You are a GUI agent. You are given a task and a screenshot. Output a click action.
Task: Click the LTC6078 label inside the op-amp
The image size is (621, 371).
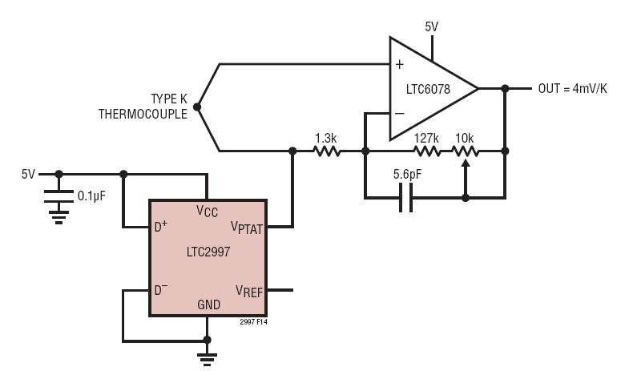pyautogui.click(x=428, y=89)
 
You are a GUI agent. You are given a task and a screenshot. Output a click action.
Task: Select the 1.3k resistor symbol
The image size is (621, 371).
pyautogui.click(x=327, y=151)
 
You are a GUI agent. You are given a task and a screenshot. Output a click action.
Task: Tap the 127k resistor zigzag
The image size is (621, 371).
pyautogui.click(x=427, y=151)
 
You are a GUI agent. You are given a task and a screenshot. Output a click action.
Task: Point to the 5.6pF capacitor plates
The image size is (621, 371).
pyautogui.click(x=406, y=197)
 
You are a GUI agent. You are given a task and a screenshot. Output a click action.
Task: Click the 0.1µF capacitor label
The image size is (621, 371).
pyautogui.click(x=91, y=196)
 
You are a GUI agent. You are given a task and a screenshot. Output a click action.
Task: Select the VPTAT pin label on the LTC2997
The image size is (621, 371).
pyautogui.click(x=247, y=228)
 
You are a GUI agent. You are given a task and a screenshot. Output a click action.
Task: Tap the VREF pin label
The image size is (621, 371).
pyautogui.click(x=249, y=291)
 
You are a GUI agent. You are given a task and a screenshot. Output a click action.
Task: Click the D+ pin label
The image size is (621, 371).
pyautogui.click(x=160, y=226)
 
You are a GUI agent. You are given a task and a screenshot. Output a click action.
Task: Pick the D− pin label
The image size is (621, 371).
pyautogui.click(x=161, y=289)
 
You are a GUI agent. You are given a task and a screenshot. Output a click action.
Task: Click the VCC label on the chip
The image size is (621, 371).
pyautogui.click(x=207, y=211)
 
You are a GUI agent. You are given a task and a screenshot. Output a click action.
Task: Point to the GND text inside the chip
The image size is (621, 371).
pyautogui.click(x=208, y=304)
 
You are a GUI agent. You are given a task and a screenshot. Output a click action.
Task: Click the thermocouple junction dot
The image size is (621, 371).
pyautogui.click(x=197, y=107)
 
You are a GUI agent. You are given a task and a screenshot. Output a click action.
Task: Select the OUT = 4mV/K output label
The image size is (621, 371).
pyautogui.click(x=572, y=88)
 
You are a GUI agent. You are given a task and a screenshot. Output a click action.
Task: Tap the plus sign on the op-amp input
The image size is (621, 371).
pyautogui.click(x=400, y=64)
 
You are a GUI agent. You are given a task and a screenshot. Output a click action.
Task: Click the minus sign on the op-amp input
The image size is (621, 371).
pyautogui.click(x=400, y=114)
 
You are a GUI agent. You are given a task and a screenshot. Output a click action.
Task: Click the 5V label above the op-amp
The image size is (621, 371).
pyautogui.click(x=432, y=26)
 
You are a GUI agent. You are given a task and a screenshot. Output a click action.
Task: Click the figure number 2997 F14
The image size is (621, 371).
pyautogui.click(x=253, y=322)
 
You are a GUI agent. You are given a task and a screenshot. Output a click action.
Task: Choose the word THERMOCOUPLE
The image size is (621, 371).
pyautogui.click(x=143, y=114)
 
